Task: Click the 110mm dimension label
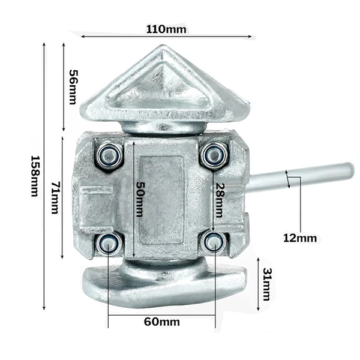[166, 29]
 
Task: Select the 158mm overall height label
[35, 176]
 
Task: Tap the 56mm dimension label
[74, 87]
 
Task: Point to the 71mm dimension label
[55, 197]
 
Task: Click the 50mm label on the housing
[140, 199]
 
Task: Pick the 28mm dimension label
[219, 200]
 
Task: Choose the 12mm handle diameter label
[300, 238]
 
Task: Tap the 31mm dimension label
[267, 284]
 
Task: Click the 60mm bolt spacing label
[162, 322]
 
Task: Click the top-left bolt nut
[109, 155]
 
